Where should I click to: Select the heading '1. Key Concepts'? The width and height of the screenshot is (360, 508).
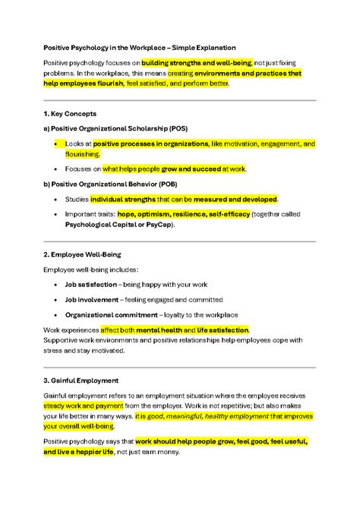click(71, 113)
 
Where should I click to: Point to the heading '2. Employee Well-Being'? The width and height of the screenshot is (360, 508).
click(82, 255)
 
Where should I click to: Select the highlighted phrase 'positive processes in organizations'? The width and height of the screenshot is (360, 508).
click(151, 143)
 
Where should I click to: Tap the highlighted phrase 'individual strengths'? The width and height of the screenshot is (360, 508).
click(122, 199)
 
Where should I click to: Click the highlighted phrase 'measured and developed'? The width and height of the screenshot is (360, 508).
click(235, 199)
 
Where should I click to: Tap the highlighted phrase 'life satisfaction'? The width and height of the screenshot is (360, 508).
click(222, 330)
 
